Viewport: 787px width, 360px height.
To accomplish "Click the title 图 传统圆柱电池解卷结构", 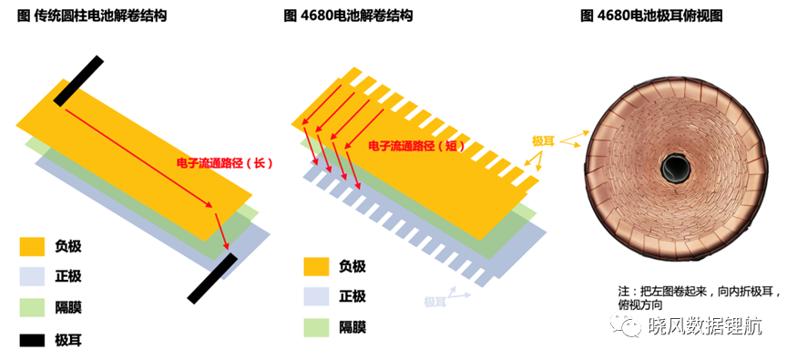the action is coord(92,16).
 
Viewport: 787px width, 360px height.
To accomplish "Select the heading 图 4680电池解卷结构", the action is coord(348,16).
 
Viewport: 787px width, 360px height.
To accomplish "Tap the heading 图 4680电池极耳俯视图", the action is coord(651,16).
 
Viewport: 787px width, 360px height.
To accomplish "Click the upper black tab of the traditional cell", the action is coord(78,81).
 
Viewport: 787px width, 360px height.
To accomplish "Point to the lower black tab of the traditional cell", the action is coord(212,278).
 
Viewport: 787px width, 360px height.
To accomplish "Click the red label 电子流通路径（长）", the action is coord(224,163).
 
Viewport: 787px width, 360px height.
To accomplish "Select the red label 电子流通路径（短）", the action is coord(416,146).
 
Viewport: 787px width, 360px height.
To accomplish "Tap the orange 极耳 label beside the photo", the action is coord(543,141).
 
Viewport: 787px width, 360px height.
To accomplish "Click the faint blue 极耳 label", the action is coord(434,302).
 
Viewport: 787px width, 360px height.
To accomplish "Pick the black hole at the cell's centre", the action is coord(673,166).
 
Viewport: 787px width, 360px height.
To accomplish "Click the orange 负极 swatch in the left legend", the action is coord(32,246).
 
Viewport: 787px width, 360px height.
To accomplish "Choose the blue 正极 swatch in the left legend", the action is coord(32,277).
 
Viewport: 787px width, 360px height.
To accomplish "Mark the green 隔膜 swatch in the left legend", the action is coord(32,307).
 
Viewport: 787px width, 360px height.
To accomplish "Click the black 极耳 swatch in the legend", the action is coord(32,341).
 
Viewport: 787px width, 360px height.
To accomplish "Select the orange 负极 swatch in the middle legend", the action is coord(316,266).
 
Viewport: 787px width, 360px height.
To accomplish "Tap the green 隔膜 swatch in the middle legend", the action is coord(316,327).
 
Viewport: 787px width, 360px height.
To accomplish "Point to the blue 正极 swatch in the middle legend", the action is coord(316,296).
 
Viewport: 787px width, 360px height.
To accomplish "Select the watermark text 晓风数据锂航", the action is coord(705,326).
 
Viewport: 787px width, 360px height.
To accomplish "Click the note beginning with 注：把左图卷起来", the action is coord(700,298).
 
